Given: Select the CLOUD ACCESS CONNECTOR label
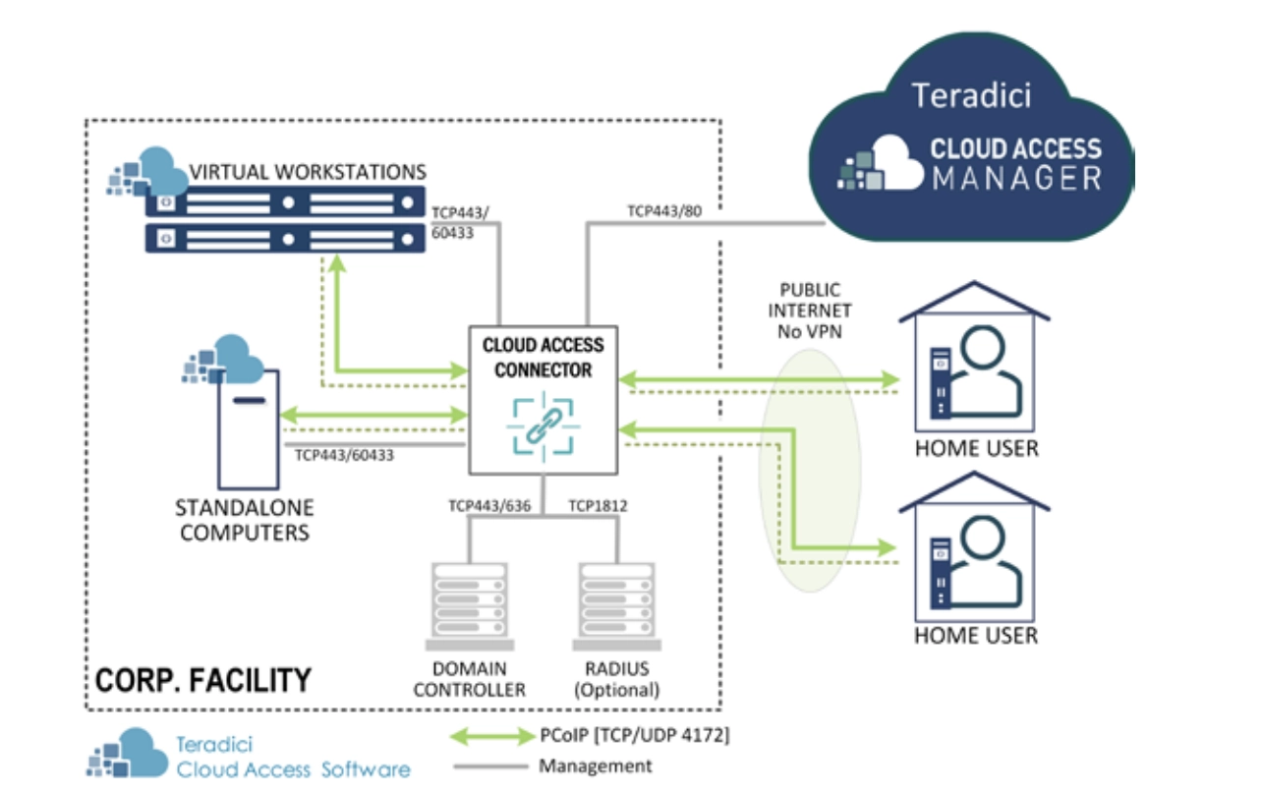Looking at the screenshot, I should pos(544,358).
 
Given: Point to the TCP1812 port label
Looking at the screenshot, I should pos(598,506).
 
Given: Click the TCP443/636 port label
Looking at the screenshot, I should pos(489,506).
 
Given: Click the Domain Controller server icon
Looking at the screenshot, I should pos(469,604).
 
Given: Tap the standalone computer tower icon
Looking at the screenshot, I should pos(248,428).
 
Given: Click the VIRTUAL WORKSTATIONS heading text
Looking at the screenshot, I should pos(308,171).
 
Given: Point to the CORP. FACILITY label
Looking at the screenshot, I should pos(203,679).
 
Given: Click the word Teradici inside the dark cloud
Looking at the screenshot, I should pos(971,95).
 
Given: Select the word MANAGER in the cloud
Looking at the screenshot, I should pos(1016,179).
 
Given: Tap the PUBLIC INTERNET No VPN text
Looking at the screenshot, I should pos(810,311).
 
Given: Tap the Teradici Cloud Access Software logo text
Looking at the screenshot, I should pos(292,757).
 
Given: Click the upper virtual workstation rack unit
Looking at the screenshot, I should pos(285,202).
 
